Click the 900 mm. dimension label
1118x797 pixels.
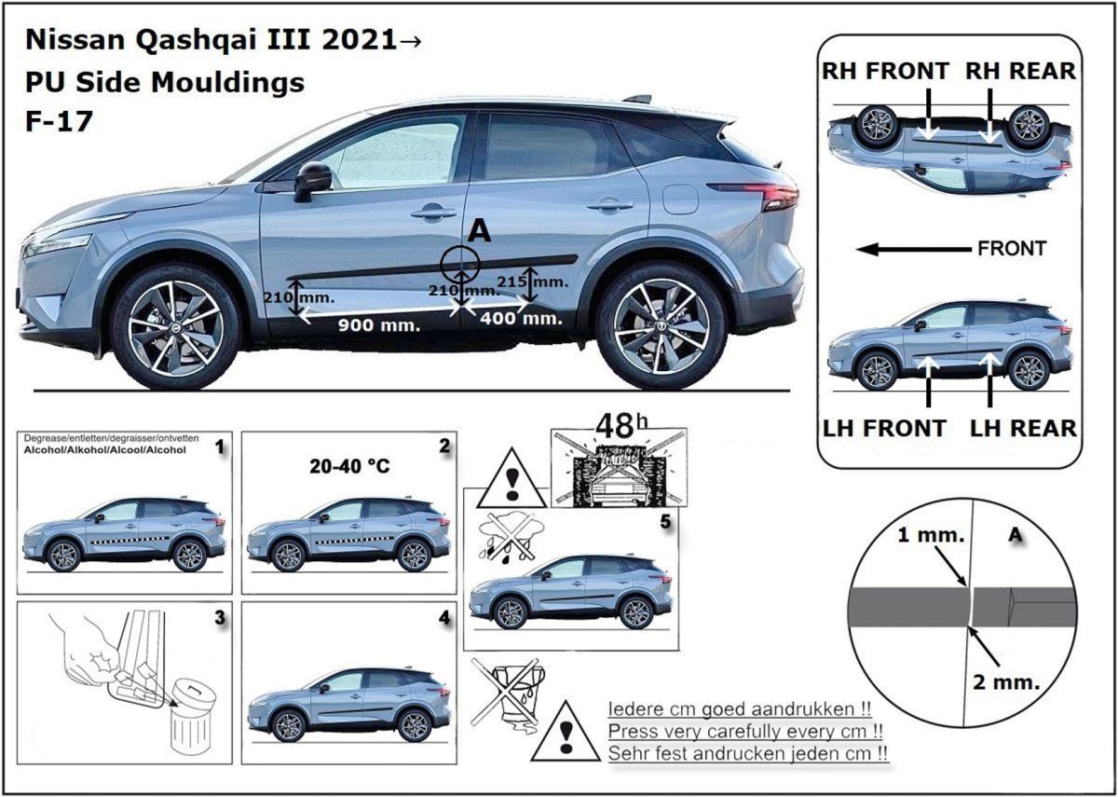pos(379,325)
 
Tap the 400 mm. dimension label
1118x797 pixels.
pos(522,318)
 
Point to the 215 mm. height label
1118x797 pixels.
pos(533,282)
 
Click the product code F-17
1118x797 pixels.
pos(59,121)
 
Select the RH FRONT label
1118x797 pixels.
pos(885,71)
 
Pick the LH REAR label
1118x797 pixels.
pos(1023,429)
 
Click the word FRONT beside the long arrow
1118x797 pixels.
pos(1012,249)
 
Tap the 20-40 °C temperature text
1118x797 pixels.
pos(349,466)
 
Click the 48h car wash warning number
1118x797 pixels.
pos(622,426)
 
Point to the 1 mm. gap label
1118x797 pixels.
pos(931,535)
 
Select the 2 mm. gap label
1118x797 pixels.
pos(1006,682)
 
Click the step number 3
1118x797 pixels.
pos(220,618)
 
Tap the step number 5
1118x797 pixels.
pos(666,522)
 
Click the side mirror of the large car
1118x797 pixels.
pos(313,181)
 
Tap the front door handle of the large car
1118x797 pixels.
pos(433,213)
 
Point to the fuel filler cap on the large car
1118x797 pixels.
pos(680,199)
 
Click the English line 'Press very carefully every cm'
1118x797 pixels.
pos(745,731)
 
